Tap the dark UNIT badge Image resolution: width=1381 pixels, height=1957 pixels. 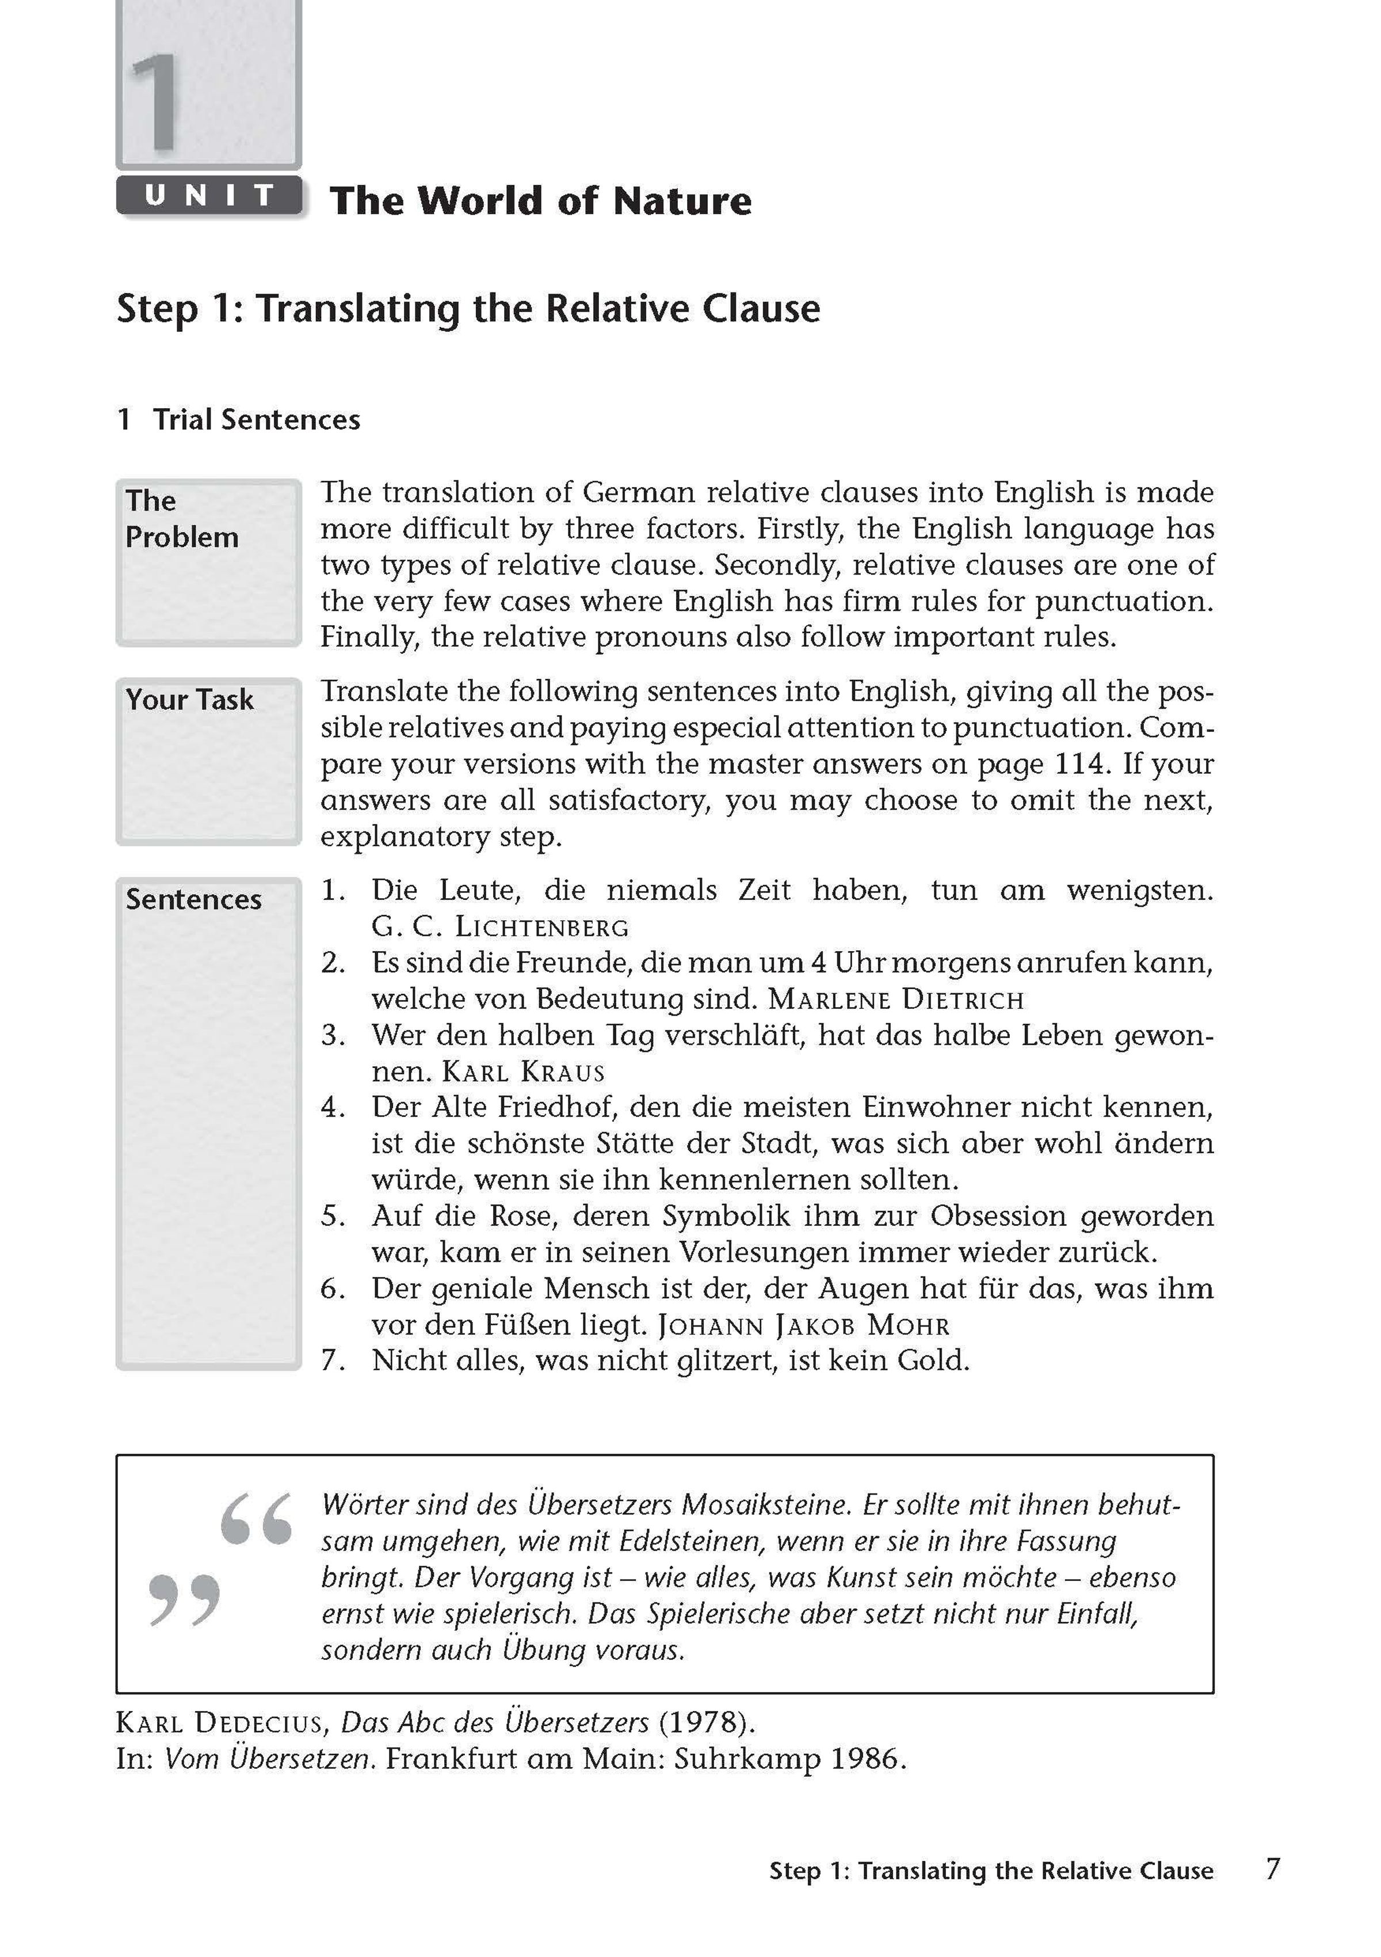[209, 196]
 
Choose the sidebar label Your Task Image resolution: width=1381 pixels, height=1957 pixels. [189, 700]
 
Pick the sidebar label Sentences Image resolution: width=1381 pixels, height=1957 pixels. [193, 899]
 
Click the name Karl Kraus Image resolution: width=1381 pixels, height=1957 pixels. [524, 1071]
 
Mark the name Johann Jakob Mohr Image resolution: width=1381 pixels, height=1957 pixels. [803, 1325]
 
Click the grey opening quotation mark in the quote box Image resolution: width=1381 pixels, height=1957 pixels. [255, 1519]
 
